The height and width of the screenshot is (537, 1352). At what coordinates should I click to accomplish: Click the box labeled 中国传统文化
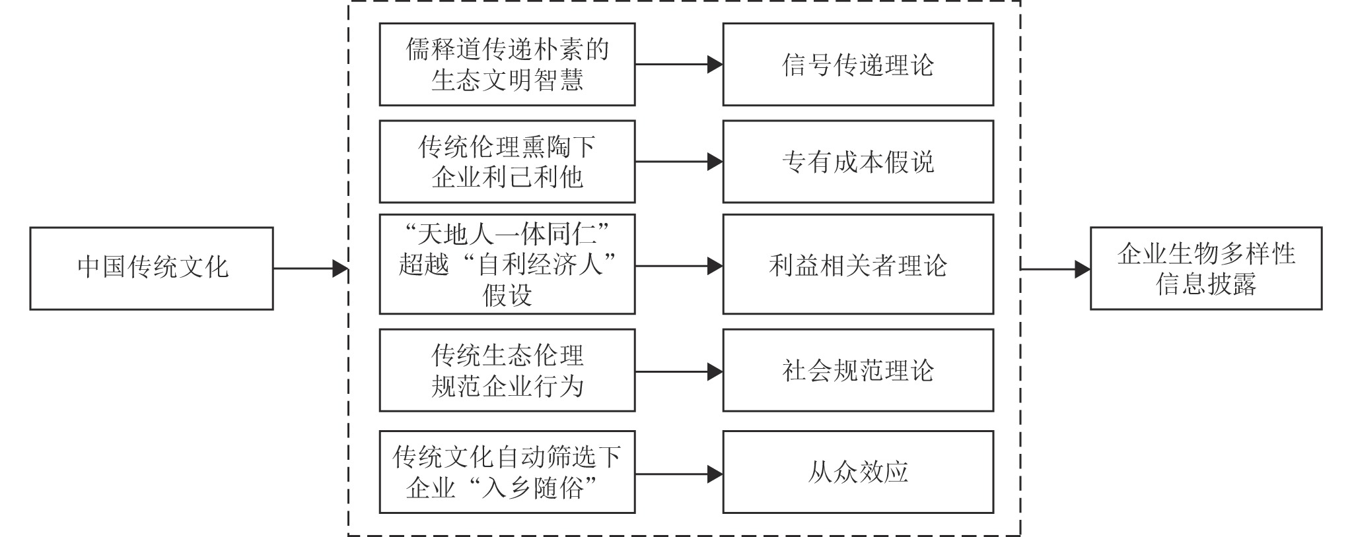click(151, 268)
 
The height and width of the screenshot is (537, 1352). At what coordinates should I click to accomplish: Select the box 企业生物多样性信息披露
click(1206, 268)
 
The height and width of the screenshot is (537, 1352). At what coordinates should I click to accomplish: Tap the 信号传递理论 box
click(858, 65)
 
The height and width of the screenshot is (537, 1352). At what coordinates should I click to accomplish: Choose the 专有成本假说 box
click(858, 162)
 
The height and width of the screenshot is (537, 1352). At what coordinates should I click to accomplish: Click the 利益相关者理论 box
click(858, 264)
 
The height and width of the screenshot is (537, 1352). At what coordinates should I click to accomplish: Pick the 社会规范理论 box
click(858, 370)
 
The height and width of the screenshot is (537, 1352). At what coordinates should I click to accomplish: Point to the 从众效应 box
click(858, 472)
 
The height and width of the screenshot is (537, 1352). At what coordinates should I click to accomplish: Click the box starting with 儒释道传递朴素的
click(507, 65)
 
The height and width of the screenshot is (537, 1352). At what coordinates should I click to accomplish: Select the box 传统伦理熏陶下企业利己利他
click(507, 162)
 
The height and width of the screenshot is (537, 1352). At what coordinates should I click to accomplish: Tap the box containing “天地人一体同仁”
click(507, 264)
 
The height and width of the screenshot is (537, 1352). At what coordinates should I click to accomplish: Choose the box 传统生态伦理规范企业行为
click(507, 370)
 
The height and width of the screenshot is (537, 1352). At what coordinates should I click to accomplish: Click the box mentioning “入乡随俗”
click(507, 472)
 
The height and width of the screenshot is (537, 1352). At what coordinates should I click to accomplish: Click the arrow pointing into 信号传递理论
click(679, 65)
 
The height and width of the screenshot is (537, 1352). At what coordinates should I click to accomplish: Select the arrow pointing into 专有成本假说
click(679, 162)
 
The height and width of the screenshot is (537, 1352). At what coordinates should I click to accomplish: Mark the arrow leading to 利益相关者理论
click(679, 266)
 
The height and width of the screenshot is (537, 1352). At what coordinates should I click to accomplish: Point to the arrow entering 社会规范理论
click(679, 372)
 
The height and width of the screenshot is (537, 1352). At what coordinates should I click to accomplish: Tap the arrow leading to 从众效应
click(679, 474)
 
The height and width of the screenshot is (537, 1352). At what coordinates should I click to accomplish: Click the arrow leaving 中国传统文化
click(310, 268)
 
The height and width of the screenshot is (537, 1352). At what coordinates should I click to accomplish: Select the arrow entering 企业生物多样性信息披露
click(1055, 269)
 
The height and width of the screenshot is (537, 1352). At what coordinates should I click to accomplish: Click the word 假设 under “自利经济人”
click(507, 295)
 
